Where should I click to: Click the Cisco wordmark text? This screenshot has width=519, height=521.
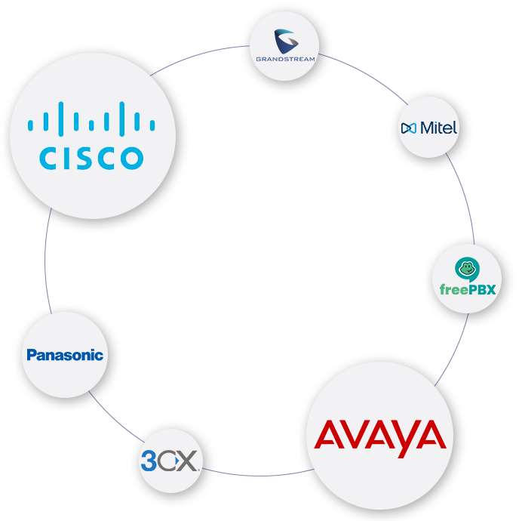(x=91, y=157)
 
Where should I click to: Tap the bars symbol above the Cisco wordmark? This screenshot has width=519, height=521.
(x=91, y=120)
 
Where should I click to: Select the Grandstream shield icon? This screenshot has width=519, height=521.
(x=284, y=39)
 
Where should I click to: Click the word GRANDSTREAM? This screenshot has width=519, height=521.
(x=285, y=58)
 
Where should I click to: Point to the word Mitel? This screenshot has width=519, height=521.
(x=438, y=128)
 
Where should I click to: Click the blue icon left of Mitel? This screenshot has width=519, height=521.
(x=408, y=128)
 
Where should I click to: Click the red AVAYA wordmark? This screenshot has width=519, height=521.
(x=379, y=436)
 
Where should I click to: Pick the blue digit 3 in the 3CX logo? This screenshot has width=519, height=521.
(x=149, y=460)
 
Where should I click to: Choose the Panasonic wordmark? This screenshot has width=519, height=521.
(x=65, y=355)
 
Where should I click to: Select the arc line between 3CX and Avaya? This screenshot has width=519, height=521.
(x=256, y=475)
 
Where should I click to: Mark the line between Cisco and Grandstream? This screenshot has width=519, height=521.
(x=211, y=51)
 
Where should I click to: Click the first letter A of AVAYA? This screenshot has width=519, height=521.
(x=329, y=437)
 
